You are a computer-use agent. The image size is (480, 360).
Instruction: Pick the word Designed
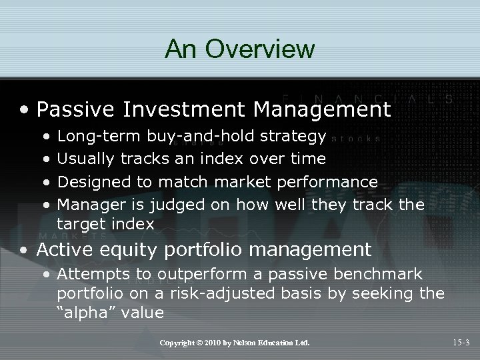(89, 181)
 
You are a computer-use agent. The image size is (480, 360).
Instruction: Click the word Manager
(87, 203)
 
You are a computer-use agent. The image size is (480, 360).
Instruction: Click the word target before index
(80, 224)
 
